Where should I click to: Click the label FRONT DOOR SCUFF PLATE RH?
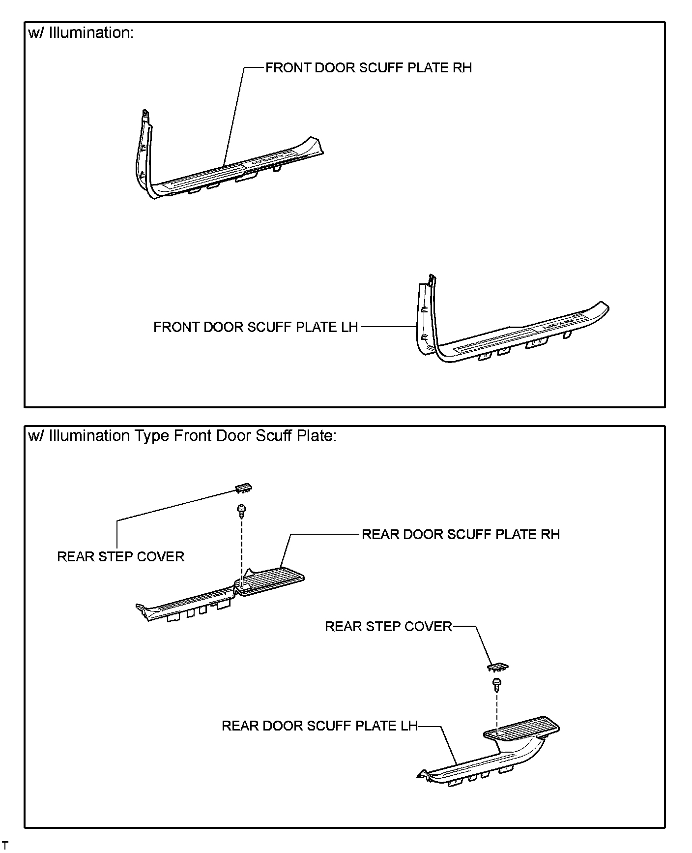point(368,68)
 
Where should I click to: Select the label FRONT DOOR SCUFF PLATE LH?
point(256,327)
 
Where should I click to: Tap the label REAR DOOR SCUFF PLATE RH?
point(461,535)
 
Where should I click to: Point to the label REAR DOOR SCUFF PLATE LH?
point(319,726)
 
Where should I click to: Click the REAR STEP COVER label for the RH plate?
point(120,557)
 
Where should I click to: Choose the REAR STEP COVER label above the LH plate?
point(388,627)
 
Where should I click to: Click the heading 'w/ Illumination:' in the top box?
point(81,33)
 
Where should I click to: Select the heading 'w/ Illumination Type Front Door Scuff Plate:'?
point(182,436)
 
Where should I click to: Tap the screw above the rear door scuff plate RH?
point(241,511)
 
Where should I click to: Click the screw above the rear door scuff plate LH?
point(496,684)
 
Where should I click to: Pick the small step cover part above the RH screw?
point(244,487)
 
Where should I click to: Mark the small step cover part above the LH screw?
point(498,667)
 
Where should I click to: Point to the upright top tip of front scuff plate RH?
point(145,113)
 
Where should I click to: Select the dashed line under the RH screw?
point(241,546)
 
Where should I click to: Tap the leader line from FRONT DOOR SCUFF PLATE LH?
point(388,327)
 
